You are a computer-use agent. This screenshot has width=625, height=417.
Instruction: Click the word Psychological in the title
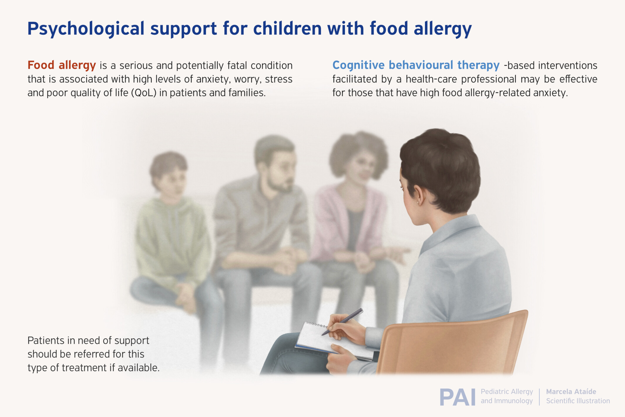tap(86, 29)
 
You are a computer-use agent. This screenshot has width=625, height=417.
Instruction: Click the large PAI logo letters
tap(457, 397)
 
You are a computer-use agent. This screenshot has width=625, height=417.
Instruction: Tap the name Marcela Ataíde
tap(571, 392)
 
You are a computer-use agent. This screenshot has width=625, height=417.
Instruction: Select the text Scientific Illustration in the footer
tap(578, 401)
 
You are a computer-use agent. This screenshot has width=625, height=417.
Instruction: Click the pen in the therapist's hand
tap(342, 322)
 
